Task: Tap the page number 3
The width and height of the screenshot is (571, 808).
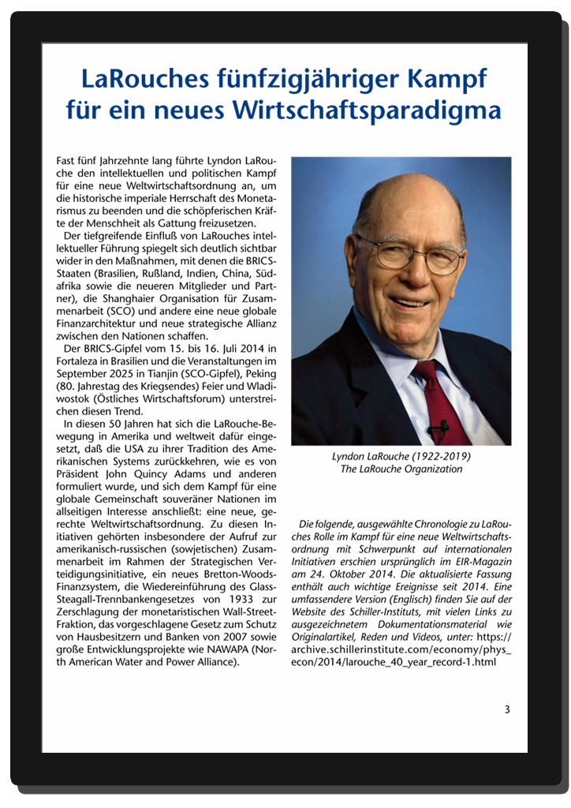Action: tap(508, 709)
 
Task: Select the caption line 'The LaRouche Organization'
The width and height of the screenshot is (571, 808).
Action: tap(401, 469)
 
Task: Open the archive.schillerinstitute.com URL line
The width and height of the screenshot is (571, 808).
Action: tap(401, 650)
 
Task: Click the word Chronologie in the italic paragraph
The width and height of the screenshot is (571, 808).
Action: tap(433, 524)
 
